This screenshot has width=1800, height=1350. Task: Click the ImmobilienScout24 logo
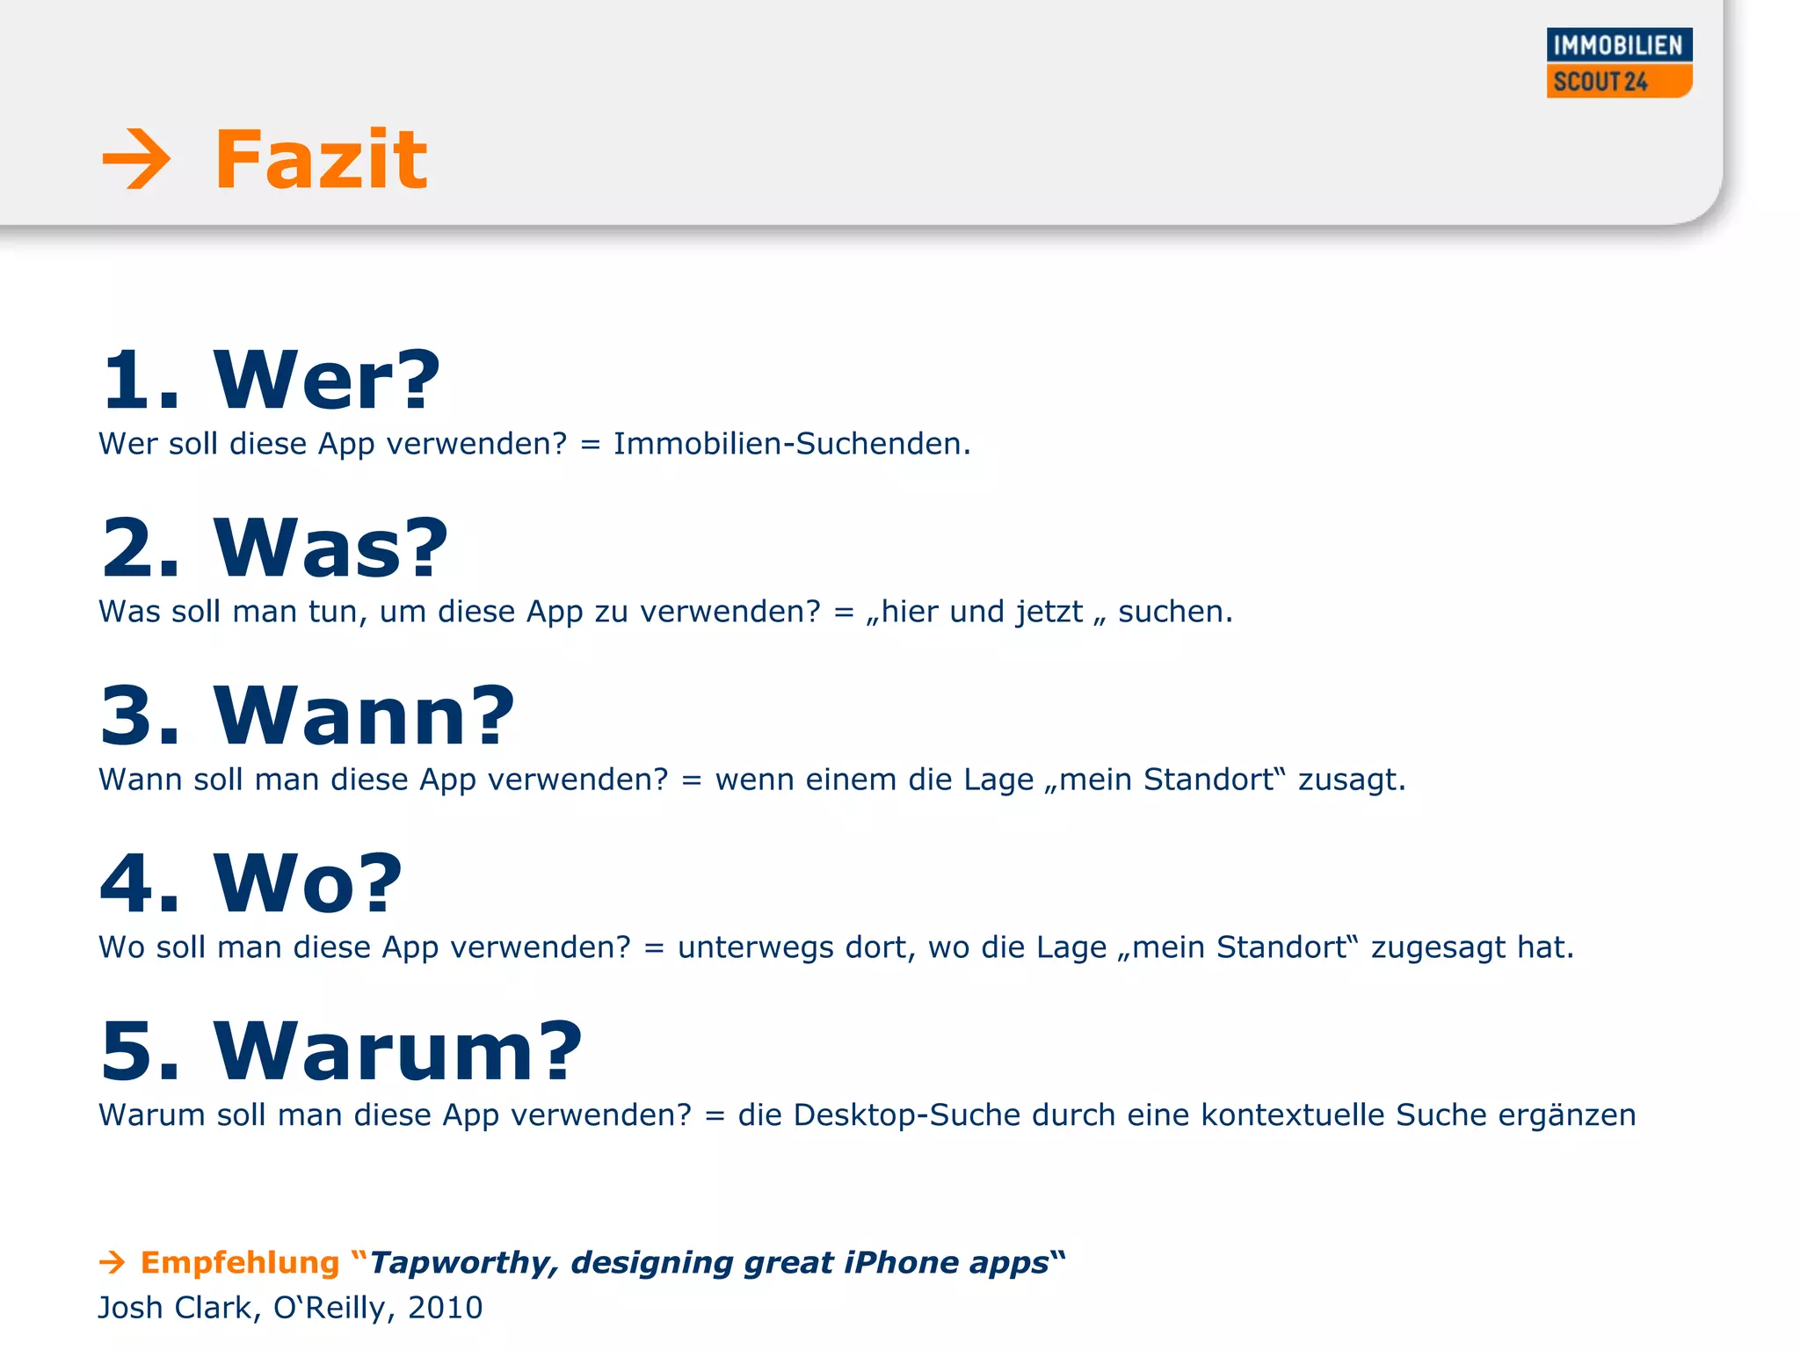click(x=1619, y=63)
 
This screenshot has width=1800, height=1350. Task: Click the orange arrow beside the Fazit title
click(x=135, y=160)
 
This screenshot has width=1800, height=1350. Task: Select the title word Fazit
click(x=321, y=160)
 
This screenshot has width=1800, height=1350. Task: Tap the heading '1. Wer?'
click(x=270, y=380)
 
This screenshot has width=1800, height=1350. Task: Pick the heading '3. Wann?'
click(x=307, y=715)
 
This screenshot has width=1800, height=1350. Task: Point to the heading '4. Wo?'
click(x=251, y=883)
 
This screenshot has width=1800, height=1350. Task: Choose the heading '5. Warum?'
click(x=341, y=1051)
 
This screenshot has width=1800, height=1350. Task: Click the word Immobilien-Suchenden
click(x=791, y=444)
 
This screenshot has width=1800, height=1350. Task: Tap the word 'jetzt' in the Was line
click(x=1049, y=612)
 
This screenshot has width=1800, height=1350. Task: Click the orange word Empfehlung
click(x=240, y=1263)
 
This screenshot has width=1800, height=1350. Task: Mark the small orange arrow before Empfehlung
click(x=112, y=1263)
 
